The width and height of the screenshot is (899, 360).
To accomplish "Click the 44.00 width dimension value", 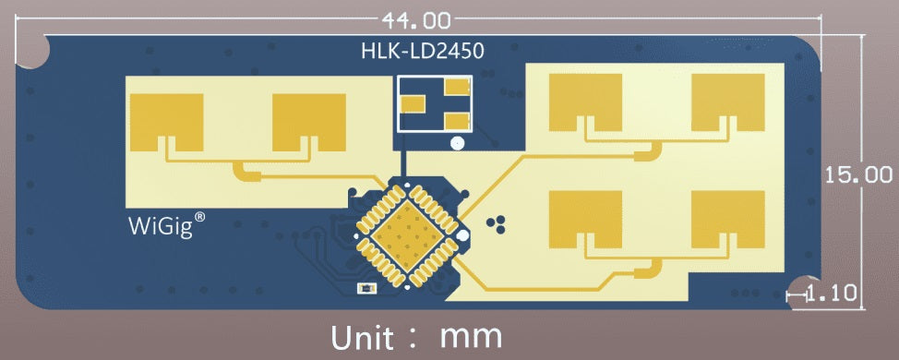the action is click(x=413, y=18).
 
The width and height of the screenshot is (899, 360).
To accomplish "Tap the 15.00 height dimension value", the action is click(x=859, y=174).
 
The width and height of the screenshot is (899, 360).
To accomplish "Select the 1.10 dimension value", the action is click(x=832, y=294).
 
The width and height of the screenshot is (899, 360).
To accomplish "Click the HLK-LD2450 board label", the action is click(x=422, y=51).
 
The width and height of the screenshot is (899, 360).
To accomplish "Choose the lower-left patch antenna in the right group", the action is click(x=586, y=219).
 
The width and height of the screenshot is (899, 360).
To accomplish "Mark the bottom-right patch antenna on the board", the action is click(x=728, y=219).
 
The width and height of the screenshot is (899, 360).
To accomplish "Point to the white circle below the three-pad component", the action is click(x=457, y=143).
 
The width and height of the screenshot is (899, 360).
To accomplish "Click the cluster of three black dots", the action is click(x=497, y=222).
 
